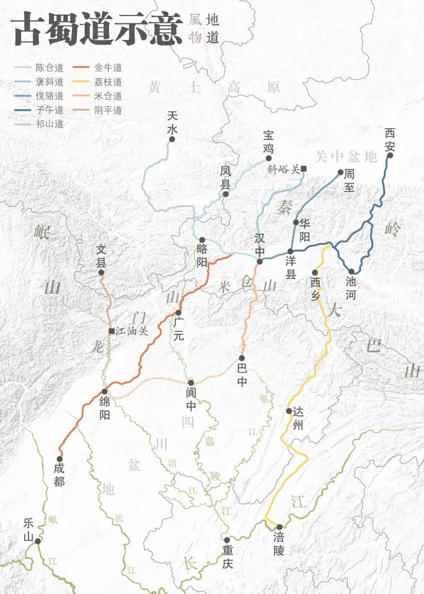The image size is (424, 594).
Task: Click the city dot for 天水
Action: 172,139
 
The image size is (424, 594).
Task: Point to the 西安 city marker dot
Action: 390,155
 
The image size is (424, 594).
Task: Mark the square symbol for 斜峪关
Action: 304,169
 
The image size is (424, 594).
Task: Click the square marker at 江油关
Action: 111,331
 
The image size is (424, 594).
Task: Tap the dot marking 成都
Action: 59,459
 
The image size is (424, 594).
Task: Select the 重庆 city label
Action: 228,557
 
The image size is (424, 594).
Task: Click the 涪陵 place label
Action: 279,543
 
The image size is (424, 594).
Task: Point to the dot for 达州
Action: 289,411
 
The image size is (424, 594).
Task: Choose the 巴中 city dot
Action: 242,358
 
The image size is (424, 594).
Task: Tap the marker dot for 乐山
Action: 38,541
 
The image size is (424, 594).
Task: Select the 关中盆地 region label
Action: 345,157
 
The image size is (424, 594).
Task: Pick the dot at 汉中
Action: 260,261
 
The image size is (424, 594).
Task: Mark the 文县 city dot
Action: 102,273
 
